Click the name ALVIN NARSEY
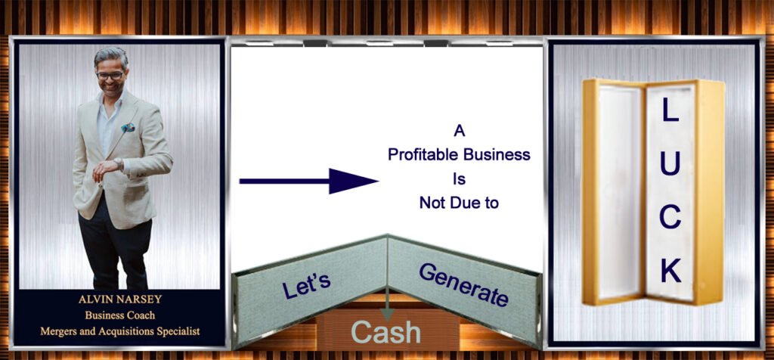[x=119, y=299]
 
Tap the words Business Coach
[x=119, y=315]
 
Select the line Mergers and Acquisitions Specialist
[x=119, y=331]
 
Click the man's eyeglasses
[x=110, y=76]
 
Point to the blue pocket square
[x=128, y=127]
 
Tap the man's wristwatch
[x=118, y=163]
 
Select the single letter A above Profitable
[x=459, y=131]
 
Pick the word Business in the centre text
[x=496, y=154]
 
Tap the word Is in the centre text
[x=459, y=178]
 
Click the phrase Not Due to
[x=459, y=203]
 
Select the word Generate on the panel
[x=463, y=284]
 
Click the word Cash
[x=386, y=332]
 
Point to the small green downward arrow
[x=388, y=303]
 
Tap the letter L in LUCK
[x=670, y=110]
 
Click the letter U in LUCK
[x=670, y=163]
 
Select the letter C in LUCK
[x=670, y=217]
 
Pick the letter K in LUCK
[x=671, y=270]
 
